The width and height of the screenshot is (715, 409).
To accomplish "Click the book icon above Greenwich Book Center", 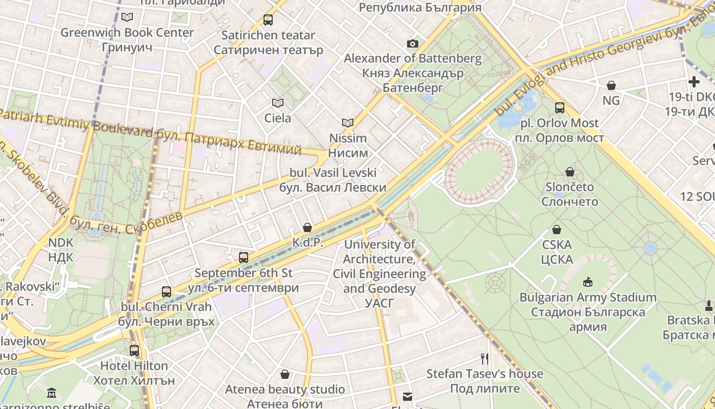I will pyautogui.click(x=127, y=17).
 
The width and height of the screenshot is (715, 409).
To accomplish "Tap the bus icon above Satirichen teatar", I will pyautogui.click(x=268, y=20).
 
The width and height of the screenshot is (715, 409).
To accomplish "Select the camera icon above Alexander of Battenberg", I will pyautogui.click(x=413, y=44).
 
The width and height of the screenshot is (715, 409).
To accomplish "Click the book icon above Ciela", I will pyautogui.click(x=278, y=103).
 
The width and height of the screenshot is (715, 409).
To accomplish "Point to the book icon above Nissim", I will pyautogui.click(x=348, y=123).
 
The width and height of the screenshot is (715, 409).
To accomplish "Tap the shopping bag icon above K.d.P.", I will pyautogui.click(x=307, y=228).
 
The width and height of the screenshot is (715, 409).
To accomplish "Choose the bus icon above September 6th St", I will pyautogui.click(x=244, y=258).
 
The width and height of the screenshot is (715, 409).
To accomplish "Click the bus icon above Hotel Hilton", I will pyautogui.click(x=134, y=351).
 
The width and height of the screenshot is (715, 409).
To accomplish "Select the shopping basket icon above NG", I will pyautogui.click(x=611, y=85).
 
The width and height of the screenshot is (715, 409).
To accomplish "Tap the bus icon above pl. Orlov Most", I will pyautogui.click(x=560, y=108).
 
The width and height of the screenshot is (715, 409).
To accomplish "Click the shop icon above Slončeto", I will pyautogui.click(x=570, y=172).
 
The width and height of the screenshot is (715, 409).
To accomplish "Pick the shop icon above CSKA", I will pyautogui.click(x=557, y=230).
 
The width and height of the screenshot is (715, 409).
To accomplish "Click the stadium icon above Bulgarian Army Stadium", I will pyautogui.click(x=587, y=282).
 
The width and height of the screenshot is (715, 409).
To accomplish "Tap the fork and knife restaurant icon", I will pyautogui.click(x=485, y=359).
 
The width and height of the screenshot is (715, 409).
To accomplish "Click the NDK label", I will pyautogui.click(x=61, y=249).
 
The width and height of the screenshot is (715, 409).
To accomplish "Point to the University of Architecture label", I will pyautogui.click(x=379, y=274).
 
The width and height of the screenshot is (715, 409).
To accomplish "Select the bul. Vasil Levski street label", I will pyautogui.click(x=333, y=180).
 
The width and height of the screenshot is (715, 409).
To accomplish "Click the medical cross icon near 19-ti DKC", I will pyautogui.click(x=694, y=82).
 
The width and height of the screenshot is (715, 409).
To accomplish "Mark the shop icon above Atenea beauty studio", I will pyautogui.click(x=285, y=375).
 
